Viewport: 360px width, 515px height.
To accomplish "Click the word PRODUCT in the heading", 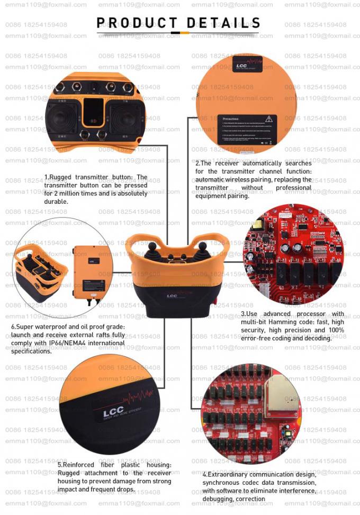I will (137, 23).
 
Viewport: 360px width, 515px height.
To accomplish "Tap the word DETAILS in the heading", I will (223, 23).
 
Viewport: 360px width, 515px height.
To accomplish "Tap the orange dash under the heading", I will (184, 33).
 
